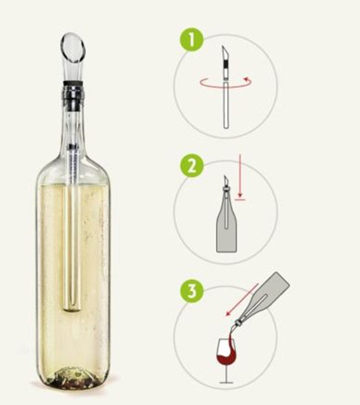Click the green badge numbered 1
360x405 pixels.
[191, 39]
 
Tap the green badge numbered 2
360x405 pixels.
[191, 166]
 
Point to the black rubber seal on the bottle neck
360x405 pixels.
[73, 83]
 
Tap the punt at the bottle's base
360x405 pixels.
[72, 377]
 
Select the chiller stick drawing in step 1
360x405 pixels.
[226, 87]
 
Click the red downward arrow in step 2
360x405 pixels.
[240, 177]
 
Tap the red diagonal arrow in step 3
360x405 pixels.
[242, 300]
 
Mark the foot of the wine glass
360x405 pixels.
[226, 383]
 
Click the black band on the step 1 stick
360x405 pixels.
[226, 63]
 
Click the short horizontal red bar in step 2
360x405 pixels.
[240, 199]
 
